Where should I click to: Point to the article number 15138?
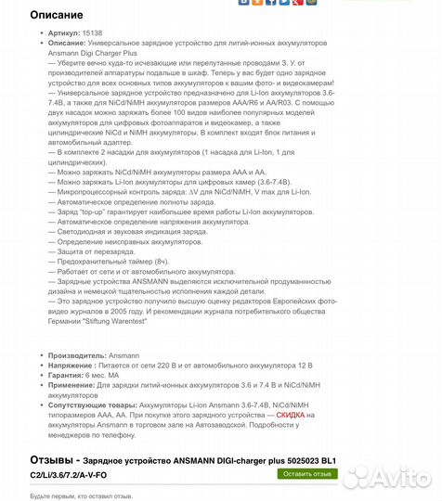[93, 32]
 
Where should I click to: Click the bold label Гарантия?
[66, 375]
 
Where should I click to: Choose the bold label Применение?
[72, 385]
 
